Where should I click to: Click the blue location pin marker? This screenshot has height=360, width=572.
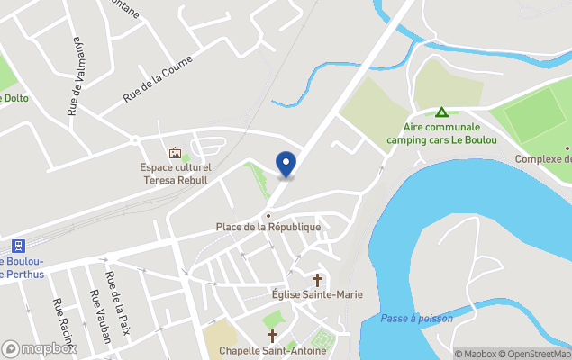286,164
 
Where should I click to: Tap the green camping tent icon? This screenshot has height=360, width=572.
441,112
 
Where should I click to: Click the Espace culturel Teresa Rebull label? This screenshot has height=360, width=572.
175,174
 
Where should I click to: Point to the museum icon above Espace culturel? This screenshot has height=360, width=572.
175,153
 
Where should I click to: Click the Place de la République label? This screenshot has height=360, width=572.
268,227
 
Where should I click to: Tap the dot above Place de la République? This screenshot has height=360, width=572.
268,216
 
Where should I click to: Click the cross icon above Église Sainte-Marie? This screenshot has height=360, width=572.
317,280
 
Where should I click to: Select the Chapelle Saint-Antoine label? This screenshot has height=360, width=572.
273,350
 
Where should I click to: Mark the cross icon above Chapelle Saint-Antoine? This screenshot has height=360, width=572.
272,336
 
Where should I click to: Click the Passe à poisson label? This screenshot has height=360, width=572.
416,318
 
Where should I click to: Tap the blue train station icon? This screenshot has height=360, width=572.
18,246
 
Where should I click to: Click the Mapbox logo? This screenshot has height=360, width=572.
40,349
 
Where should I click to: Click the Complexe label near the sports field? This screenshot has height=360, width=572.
543,159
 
